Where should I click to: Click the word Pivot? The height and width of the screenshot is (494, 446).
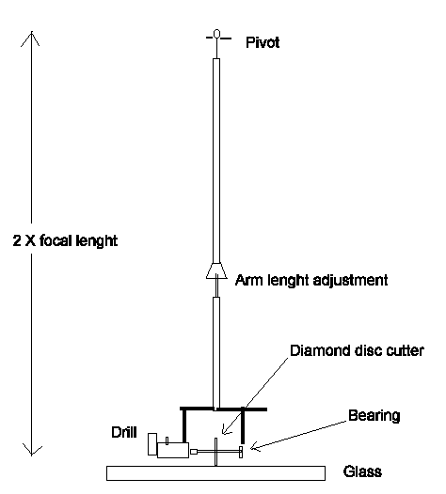pos(263,42)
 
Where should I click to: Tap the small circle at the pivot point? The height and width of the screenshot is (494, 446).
pos(216,36)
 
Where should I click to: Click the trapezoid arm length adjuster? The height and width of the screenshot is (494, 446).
pos(215,271)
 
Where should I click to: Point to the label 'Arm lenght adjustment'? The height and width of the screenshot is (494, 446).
pos(297,280)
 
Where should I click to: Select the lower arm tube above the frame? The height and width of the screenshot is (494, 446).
pos(215,352)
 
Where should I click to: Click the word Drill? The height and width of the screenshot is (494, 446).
pos(122,434)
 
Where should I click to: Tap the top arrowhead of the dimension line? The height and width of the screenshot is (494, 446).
pos(34,39)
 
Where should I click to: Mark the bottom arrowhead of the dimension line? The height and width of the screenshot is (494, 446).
pos(34,449)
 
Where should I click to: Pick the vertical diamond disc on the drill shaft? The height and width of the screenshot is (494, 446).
pos(217,453)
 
